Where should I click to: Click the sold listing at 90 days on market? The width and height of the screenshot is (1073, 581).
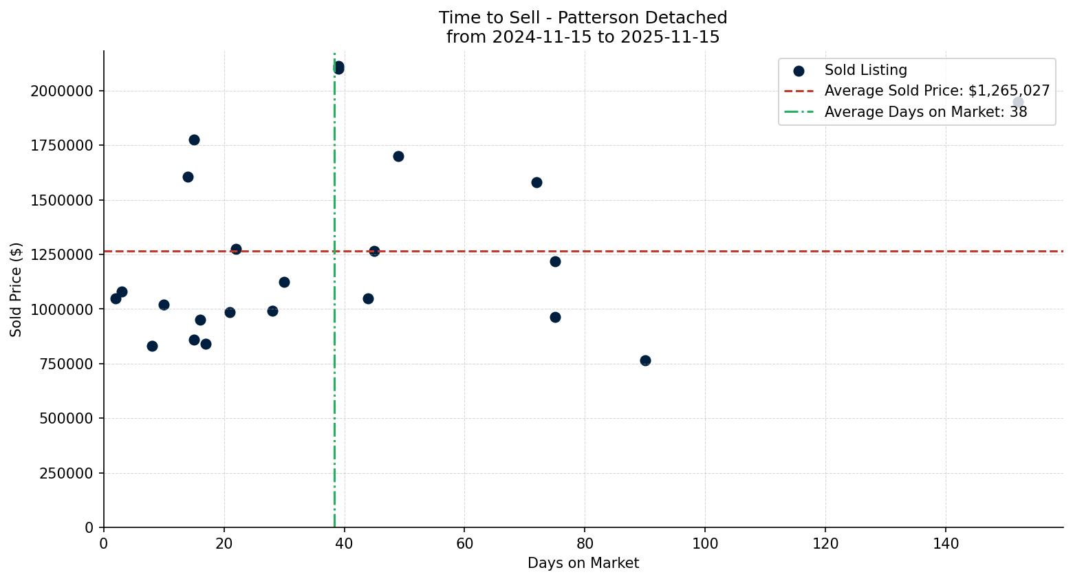pyautogui.click(x=645, y=360)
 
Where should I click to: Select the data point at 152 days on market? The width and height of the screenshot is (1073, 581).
pyautogui.click(x=1018, y=102)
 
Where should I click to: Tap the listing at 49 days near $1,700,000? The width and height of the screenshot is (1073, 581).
pyautogui.click(x=398, y=156)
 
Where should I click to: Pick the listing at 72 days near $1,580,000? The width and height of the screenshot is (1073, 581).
pyautogui.click(x=536, y=182)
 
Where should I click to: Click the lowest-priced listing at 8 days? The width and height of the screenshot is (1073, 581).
pyautogui.click(x=152, y=346)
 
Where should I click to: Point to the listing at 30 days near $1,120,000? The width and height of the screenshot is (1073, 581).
pyautogui.click(x=284, y=282)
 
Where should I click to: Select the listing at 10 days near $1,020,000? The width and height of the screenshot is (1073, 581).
pyautogui.click(x=164, y=305)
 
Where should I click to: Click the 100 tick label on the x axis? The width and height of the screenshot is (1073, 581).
pyautogui.click(x=705, y=544)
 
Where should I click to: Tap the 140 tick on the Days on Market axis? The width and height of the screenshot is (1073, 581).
pyautogui.click(x=946, y=544)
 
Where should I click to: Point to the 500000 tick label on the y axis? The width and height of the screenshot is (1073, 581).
pyautogui.click(x=62, y=419)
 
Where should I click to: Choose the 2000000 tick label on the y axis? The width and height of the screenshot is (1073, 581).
pyautogui.click(x=62, y=91)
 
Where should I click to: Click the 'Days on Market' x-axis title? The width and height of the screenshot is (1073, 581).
pyautogui.click(x=583, y=564)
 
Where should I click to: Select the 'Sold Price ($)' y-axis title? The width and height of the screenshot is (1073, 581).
pyautogui.click(x=17, y=289)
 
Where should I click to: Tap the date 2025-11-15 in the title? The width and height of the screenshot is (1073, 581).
pyautogui.click(x=670, y=37)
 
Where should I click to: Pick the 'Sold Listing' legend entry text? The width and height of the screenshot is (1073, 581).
pyautogui.click(x=865, y=70)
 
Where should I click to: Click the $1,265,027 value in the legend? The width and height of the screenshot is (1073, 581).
pyautogui.click(x=1009, y=91)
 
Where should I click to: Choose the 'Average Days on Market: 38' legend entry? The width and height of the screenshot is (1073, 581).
pyautogui.click(x=925, y=112)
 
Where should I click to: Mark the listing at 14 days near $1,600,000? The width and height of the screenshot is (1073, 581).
pyautogui.click(x=188, y=177)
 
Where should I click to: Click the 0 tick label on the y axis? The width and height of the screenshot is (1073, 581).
pyautogui.click(x=89, y=528)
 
